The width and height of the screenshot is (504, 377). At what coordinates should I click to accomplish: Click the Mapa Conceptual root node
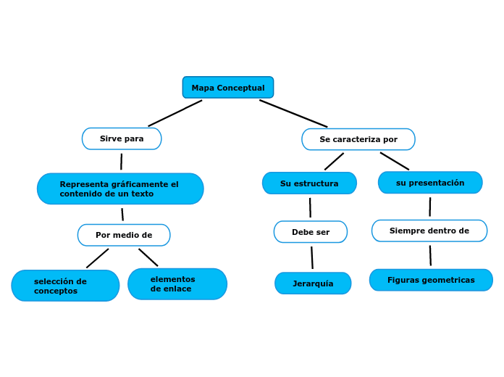(227, 88)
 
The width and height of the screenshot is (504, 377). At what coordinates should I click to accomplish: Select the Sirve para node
(122, 138)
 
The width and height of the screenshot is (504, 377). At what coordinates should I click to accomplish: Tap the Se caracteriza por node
(358, 139)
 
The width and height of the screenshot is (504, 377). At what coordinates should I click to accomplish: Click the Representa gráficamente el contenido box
(120, 188)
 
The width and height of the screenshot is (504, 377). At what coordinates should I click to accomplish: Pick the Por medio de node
(124, 235)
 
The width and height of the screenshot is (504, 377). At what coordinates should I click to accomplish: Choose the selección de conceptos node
(65, 286)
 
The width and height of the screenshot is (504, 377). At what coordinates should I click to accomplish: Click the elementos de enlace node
(177, 284)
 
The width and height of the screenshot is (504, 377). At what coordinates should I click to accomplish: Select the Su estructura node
(309, 183)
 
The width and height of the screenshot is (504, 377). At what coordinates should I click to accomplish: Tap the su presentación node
(430, 183)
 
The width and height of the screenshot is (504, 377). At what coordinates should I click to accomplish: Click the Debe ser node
(310, 232)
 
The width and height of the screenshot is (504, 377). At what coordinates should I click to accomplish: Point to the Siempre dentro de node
(429, 231)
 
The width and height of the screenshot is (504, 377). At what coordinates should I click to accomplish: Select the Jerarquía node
(313, 283)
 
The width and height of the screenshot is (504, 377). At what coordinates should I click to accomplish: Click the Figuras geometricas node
(431, 280)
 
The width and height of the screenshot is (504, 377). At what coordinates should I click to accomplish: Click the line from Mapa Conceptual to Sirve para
(175, 113)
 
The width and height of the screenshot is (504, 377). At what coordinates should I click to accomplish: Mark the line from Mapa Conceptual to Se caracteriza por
(293, 113)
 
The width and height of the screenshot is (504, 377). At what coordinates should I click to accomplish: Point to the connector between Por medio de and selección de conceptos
(98, 258)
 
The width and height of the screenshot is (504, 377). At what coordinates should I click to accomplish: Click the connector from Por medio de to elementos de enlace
(148, 257)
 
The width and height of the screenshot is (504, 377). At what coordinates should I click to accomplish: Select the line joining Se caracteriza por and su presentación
(395, 161)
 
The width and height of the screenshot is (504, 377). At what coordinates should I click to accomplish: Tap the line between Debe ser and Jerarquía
(312, 257)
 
